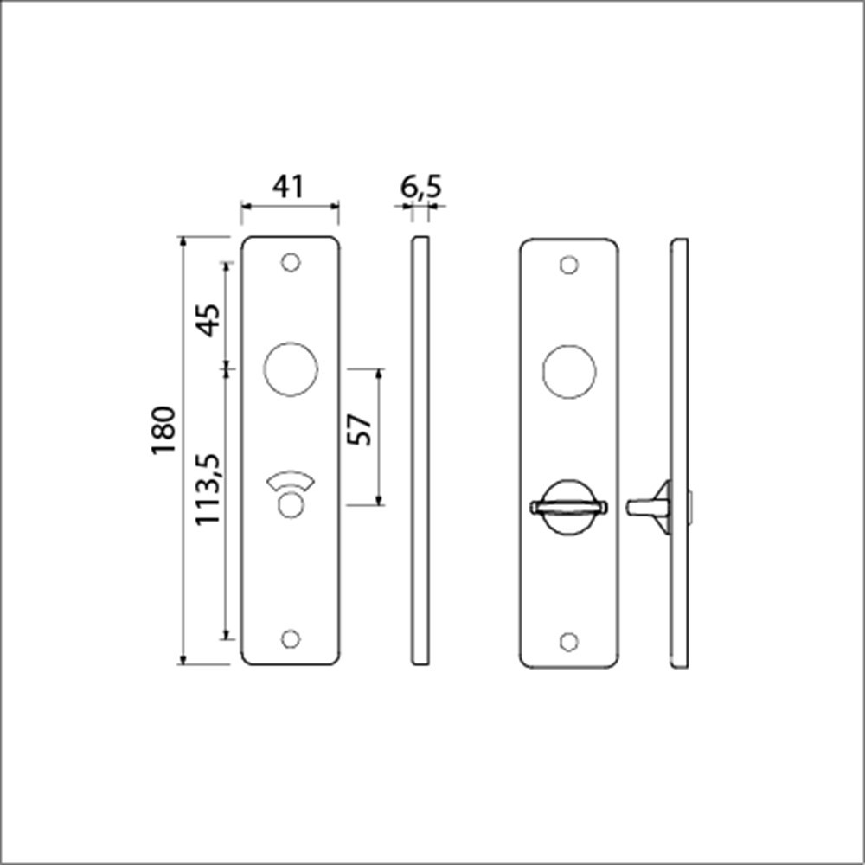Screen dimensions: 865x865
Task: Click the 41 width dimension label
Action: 289,187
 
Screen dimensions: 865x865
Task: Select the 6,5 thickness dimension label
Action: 420,187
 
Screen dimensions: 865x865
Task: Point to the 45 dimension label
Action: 208,319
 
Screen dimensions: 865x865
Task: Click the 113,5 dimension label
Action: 208,490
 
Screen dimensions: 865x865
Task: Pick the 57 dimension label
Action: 360,430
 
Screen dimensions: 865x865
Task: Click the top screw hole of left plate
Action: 291,262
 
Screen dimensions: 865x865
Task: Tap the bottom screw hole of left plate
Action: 291,638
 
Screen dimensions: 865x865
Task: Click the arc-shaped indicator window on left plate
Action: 291,482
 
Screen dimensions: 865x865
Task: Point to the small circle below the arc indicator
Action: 291,504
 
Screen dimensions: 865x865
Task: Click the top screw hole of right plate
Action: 568,265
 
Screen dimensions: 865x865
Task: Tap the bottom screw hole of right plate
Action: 568,641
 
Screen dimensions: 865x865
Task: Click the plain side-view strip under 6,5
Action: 420,450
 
